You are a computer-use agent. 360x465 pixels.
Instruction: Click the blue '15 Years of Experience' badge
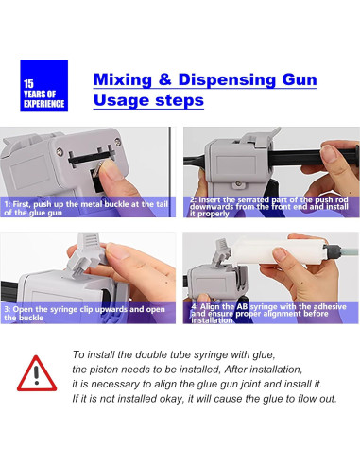tap(44, 85)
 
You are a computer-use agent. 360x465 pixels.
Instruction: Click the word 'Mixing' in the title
tap(123, 79)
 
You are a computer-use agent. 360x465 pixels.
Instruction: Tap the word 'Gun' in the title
tap(300, 79)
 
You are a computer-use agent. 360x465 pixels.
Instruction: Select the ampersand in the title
tap(165, 78)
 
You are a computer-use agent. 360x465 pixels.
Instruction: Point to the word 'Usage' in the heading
tap(121, 100)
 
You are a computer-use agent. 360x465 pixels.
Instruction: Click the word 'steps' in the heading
tap(180, 101)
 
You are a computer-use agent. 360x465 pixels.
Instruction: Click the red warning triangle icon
tap(37, 373)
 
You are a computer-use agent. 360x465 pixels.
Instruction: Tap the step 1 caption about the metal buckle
tap(86, 208)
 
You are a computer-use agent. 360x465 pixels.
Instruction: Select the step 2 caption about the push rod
tap(269, 207)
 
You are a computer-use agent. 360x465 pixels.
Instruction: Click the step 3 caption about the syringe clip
tap(84, 313)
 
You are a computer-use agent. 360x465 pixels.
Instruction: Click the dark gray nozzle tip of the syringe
tap(333, 252)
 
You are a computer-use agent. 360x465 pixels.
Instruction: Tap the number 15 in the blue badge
tap(28, 83)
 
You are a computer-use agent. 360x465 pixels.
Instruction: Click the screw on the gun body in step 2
tap(239, 183)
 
